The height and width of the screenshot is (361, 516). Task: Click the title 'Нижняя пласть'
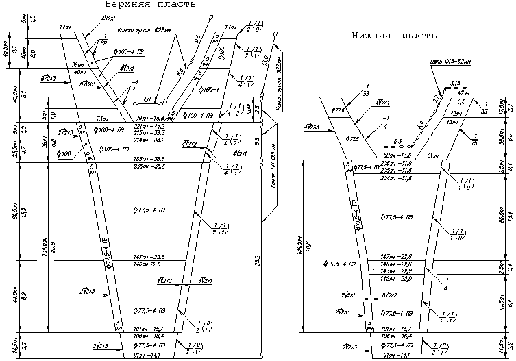394,36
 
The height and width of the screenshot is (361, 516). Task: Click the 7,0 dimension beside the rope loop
147,99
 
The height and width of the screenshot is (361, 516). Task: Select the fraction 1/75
476,138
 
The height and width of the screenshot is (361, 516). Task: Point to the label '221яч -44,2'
150,127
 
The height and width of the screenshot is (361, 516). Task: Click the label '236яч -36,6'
150,166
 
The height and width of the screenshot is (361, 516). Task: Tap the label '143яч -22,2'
395,271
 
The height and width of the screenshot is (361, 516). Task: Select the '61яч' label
434,156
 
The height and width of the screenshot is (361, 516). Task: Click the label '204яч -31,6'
396,178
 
